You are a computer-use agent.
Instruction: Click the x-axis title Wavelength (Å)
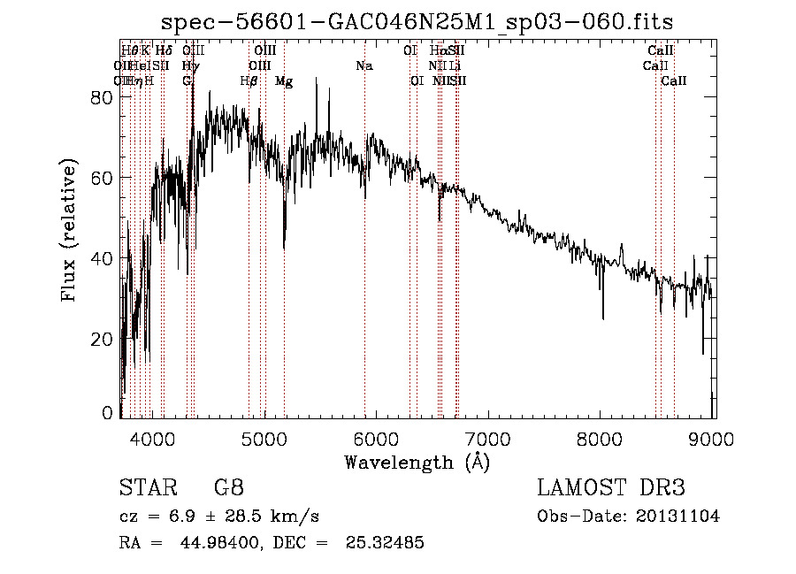pos(417,462)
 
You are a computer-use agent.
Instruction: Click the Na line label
pos(364,65)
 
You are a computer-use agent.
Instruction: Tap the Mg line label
pos(284,80)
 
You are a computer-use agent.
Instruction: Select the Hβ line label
pos(249,80)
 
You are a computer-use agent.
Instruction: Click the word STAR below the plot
pos(144,488)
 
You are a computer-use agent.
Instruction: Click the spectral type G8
pos(228,488)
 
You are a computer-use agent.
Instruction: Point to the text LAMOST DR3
pos(610,488)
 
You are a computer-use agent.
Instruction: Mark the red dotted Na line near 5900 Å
pos(364,265)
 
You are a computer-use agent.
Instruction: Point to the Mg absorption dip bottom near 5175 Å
pos(284,248)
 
